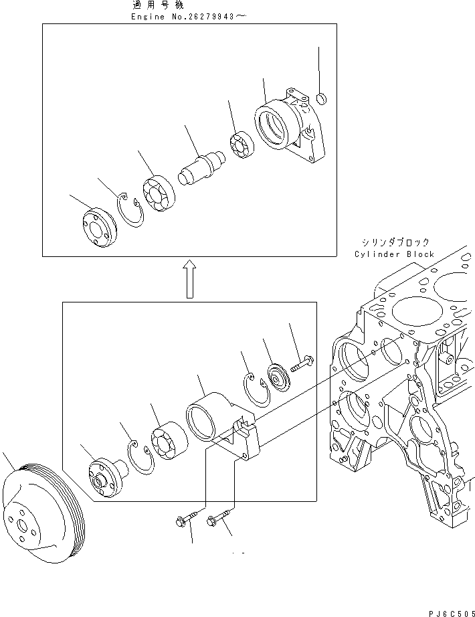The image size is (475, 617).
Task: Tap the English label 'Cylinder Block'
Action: coord(395,254)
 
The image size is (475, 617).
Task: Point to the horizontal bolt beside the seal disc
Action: coord(303,363)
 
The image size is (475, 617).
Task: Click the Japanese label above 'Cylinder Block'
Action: coord(395,243)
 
